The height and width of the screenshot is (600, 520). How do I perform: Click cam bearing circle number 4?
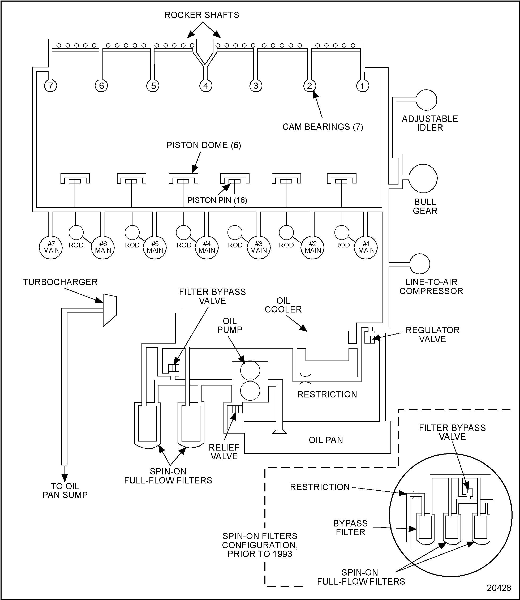point(206,86)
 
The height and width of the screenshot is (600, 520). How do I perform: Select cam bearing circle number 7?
point(50,86)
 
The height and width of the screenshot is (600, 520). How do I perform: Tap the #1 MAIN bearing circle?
point(366,247)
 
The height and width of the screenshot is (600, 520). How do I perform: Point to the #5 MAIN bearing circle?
point(155,247)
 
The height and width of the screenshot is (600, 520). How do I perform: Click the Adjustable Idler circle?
point(426,100)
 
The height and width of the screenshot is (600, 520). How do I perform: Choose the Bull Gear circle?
point(423,178)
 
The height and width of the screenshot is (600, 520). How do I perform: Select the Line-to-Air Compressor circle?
point(419,264)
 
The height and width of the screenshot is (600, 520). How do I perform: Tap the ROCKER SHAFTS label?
point(202,15)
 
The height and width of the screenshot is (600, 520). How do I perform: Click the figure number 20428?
point(498,588)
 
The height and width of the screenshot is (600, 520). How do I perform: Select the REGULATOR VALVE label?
point(432,335)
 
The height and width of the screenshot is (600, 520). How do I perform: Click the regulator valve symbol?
point(370,339)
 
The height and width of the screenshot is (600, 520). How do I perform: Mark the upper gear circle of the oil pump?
point(250,371)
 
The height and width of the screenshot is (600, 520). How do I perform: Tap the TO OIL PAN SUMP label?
point(65,490)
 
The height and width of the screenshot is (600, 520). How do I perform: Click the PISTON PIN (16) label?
point(217,200)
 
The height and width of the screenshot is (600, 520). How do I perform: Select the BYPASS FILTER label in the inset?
point(350,528)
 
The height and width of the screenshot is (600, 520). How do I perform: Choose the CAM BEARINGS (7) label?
point(323,127)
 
